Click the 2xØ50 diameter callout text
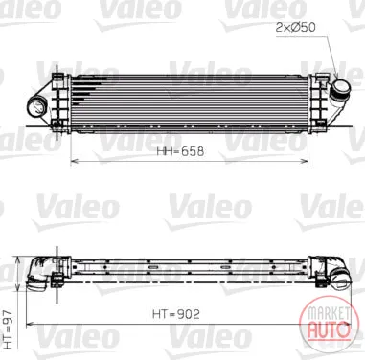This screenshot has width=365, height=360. tap(295, 28)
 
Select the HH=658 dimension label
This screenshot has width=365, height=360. tap(180, 151)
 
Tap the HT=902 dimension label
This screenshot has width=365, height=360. tap(176, 314)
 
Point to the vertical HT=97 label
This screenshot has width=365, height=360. tap(8, 328)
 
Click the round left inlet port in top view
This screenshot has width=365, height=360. tap(36, 107)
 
